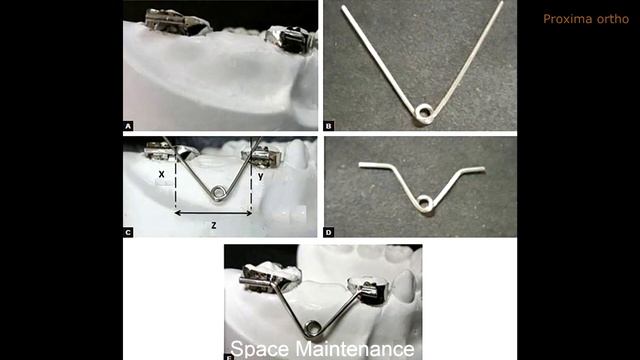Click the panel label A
point(128,126)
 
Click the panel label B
point(329,126)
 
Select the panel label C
point(128,233)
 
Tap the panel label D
point(329,233)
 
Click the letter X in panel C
point(162,174)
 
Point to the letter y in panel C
point(260,176)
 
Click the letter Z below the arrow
point(213,225)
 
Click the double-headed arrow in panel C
point(213,213)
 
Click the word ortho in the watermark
point(615,19)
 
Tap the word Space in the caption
point(260,350)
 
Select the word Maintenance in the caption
point(355,350)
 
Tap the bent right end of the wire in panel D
point(473,169)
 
